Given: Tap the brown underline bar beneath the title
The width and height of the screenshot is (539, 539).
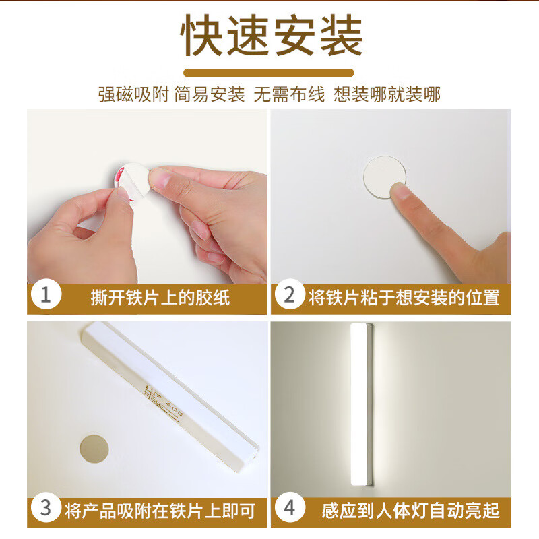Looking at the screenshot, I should click(269, 72).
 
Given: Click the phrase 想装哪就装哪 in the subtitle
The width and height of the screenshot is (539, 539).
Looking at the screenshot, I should click(387, 94).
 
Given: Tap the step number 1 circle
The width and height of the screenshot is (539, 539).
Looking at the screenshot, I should click(46, 295).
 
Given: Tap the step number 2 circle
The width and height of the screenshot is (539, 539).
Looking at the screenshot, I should click(290, 295).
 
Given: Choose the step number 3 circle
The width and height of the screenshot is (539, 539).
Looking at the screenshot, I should click(46, 509).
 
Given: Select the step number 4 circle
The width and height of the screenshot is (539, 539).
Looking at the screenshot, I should click(290, 509).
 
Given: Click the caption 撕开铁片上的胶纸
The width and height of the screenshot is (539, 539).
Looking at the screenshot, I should click(160, 297).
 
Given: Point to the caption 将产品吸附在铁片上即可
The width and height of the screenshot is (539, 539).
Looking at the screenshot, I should click(160, 511).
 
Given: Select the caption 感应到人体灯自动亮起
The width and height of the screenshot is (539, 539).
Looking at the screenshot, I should click(410, 511).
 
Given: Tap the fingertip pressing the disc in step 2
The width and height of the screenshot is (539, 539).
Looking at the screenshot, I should click(403, 195).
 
